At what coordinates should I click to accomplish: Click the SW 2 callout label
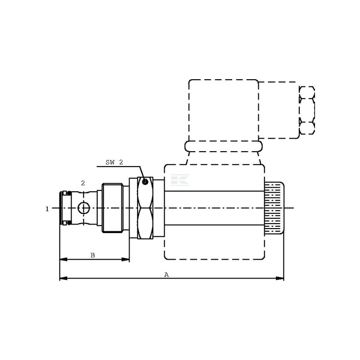(114, 162)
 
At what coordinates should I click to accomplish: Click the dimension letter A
(166, 274)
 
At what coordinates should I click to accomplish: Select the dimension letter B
(93, 255)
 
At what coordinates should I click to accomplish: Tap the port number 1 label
(47, 209)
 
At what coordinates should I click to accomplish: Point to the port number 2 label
(83, 183)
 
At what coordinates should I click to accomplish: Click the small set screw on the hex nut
(144, 182)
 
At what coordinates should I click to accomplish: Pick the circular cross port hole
(84, 208)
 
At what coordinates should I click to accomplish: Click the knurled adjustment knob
(274, 208)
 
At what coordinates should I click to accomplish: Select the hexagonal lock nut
(145, 208)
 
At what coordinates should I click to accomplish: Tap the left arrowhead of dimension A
(63, 278)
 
